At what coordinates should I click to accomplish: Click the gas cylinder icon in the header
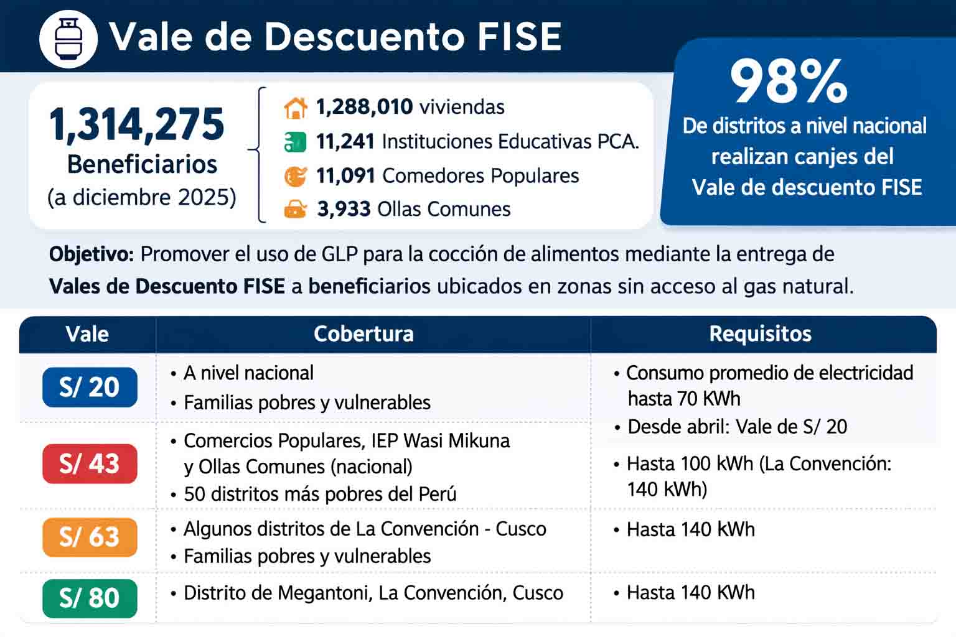coord(68,39)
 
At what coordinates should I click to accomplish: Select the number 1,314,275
coord(137,124)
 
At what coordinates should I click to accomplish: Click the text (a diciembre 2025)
coord(142,197)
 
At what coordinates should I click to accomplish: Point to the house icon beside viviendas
coord(296,108)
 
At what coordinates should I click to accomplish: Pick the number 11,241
coord(345,142)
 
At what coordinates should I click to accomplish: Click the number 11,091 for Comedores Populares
coord(345,176)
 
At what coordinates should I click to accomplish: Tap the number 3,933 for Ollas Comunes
coord(344,209)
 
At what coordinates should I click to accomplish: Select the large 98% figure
coord(789,81)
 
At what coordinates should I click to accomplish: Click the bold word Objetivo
coord(91,254)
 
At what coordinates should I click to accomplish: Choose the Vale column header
coord(87,334)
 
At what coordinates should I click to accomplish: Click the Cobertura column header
coord(363,334)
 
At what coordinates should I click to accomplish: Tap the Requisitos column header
coord(760,334)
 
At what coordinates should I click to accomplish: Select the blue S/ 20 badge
coord(90,387)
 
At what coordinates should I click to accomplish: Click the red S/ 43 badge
coord(90,463)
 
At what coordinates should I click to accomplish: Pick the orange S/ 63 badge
coord(90,537)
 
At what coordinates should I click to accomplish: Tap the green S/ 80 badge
coord(90,598)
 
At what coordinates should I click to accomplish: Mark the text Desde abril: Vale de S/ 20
coord(737,427)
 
